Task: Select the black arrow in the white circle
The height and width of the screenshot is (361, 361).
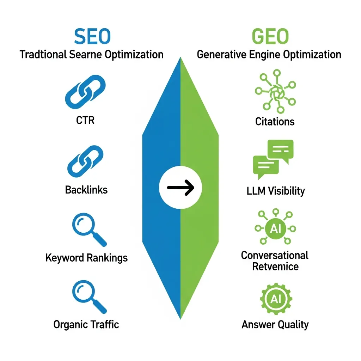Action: pyautogui.click(x=180, y=187)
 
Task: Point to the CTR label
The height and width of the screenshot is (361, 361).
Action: pyautogui.click(x=85, y=120)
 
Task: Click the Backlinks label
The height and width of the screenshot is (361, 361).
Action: pyautogui.click(x=86, y=190)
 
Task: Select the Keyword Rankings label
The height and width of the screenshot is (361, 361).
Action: pyautogui.click(x=86, y=258)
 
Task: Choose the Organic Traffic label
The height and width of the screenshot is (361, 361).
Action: pyautogui.click(x=86, y=324)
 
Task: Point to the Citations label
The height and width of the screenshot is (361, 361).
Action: pyautogui.click(x=275, y=122)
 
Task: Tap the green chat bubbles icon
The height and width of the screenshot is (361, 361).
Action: pyautogui.click(x=273, y=159)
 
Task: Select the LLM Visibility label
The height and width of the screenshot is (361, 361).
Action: pyautogui.click(x=275, y=191)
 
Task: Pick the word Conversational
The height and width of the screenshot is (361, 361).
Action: pyautogui.click(x=275, y=255)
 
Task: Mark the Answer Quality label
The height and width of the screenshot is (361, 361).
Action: pyautogui.click(x=275, y=324)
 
